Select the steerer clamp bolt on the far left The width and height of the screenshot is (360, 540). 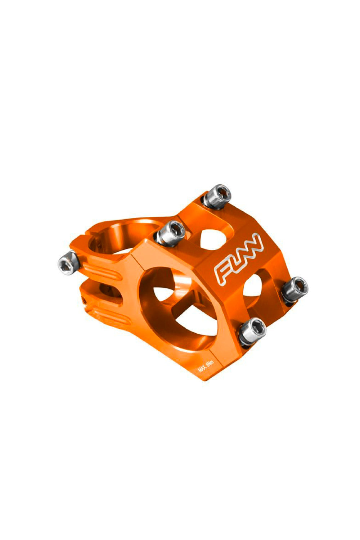(x=69, y=262)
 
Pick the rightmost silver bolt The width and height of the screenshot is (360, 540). (x=293, y=289)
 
